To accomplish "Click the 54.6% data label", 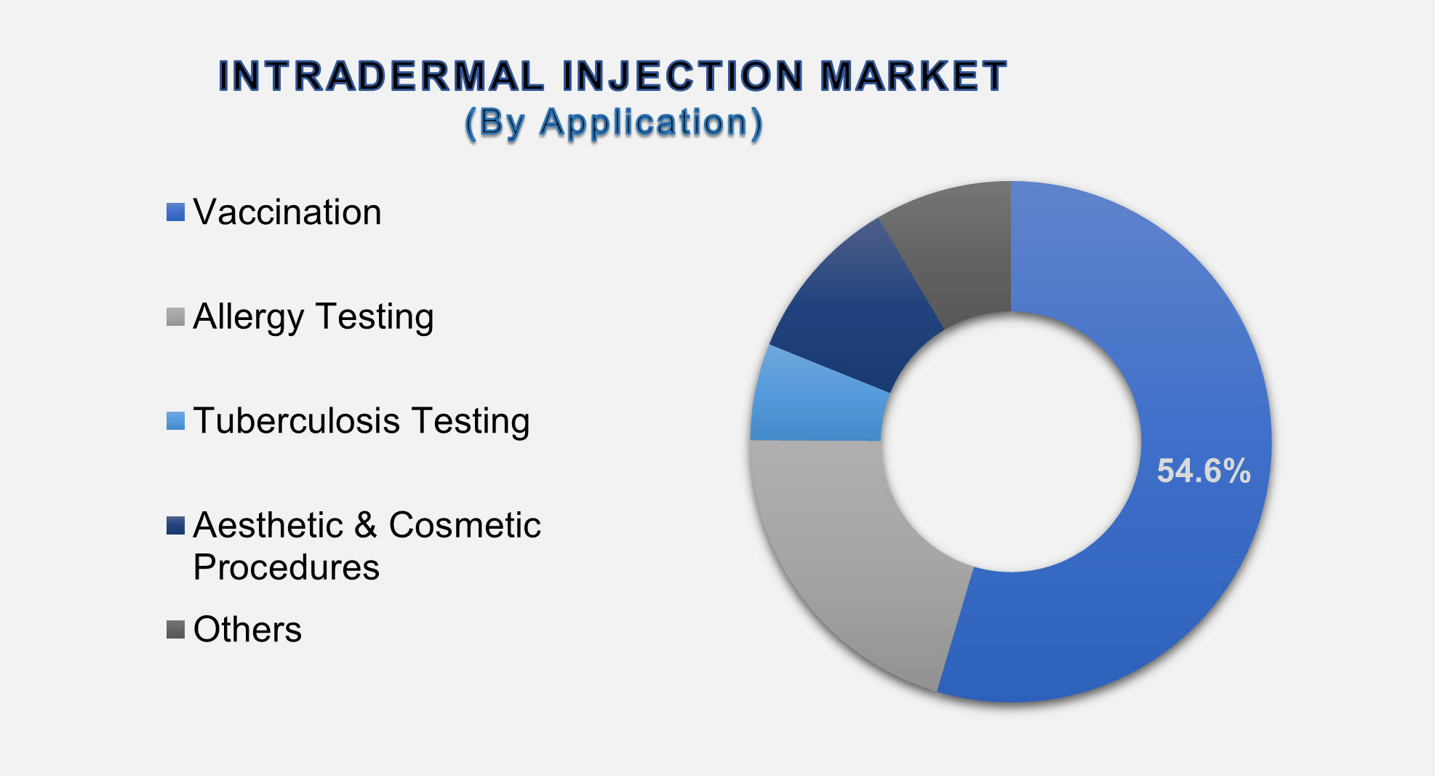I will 1204,471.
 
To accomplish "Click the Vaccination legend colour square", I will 175,212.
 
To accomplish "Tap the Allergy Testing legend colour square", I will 175,317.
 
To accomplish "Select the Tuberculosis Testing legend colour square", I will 175,421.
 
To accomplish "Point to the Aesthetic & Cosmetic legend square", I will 175,525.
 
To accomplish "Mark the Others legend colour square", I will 175,630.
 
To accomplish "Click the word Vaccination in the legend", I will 287,212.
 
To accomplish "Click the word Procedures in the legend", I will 286,567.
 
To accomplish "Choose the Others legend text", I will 247,630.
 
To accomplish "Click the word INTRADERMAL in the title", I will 381,76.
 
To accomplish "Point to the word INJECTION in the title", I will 683,76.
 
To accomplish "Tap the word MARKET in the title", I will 913,76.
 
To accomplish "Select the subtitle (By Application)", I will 614,122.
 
